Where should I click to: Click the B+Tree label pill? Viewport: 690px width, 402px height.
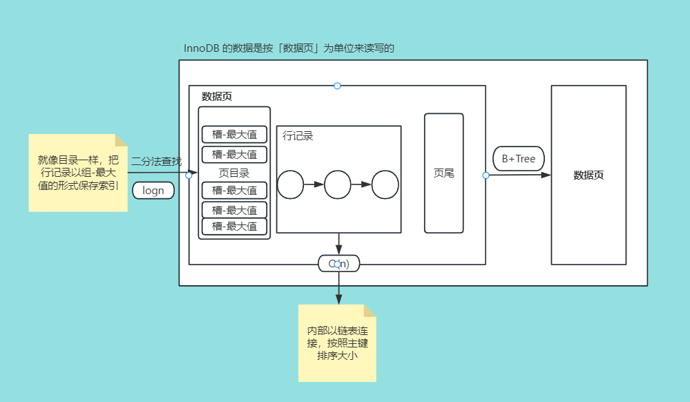[x=518, y=159]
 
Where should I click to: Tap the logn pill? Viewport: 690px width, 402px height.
[x=153, y=190]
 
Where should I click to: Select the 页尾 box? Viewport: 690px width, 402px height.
[x=443, y=173]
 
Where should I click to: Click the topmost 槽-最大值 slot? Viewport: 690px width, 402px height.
[x=234, y=134]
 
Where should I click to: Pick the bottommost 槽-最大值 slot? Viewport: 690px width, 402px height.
[x=234, y=226]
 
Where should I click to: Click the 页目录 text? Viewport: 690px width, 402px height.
[x=234, y=173]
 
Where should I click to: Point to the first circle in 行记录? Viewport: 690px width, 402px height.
[x=291, y=185]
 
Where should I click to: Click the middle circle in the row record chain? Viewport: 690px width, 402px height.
[x=338, y=185]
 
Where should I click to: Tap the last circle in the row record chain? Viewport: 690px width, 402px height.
[x=385, y=185]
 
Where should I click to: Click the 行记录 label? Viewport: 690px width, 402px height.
[x=298, y=136]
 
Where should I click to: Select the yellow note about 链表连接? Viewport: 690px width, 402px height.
[x=337, y=343]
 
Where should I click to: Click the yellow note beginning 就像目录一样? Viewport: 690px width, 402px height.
[x=78, y=173]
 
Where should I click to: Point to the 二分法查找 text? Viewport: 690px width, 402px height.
[x=156, y=161]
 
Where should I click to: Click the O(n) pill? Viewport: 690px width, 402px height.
[x=338, y=263]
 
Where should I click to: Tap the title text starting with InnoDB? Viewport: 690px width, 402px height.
[x=289, y=48]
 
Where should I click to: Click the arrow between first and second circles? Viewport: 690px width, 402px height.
[x=314, y=185]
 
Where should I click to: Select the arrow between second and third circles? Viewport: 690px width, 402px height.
[x=361, y=185]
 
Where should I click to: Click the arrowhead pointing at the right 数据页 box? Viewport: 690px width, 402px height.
[x=546, y=175]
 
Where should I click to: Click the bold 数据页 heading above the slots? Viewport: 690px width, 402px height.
[x=217, y=97]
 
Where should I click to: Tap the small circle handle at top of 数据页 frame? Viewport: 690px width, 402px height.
[x=337, y=86]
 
